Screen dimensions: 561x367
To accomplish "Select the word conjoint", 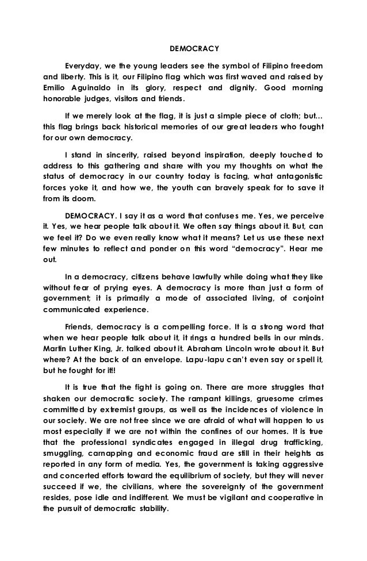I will click(x=304, y=303).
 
